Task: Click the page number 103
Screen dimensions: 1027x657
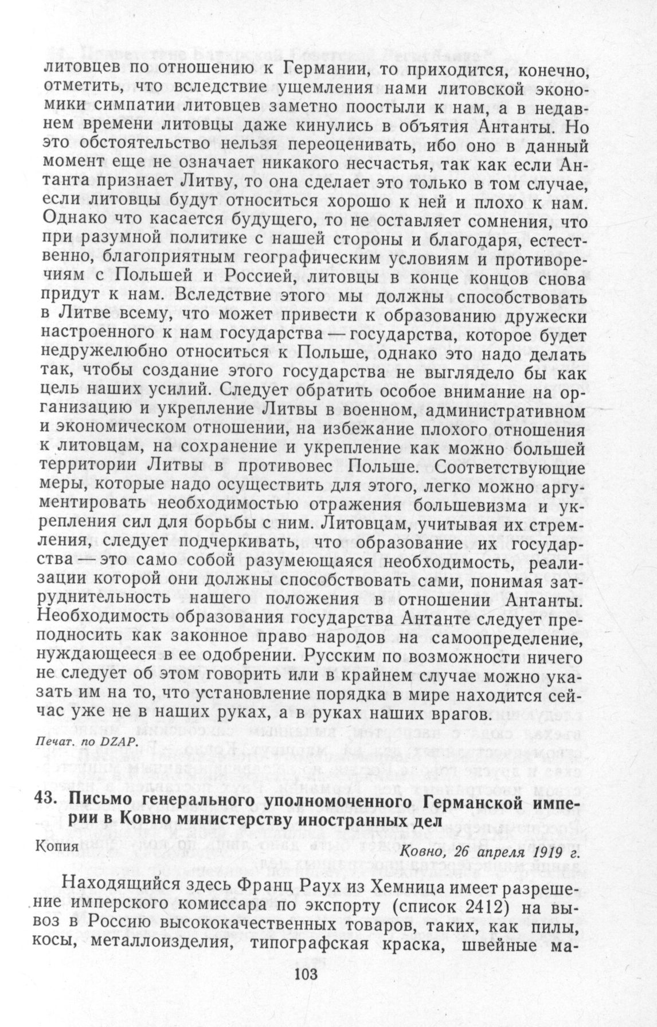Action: point(306,975)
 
